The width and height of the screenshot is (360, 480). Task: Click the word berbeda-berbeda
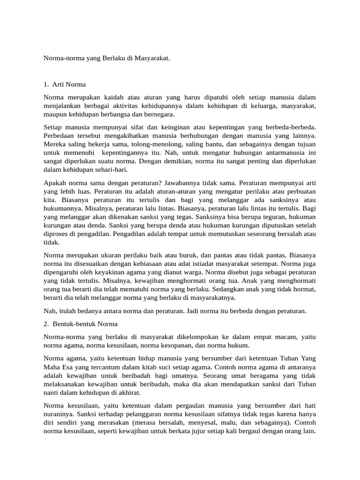pyautogui.click(x=292, y=127)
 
